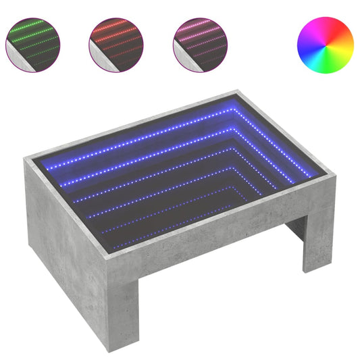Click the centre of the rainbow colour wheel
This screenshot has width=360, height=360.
click(325, 45)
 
